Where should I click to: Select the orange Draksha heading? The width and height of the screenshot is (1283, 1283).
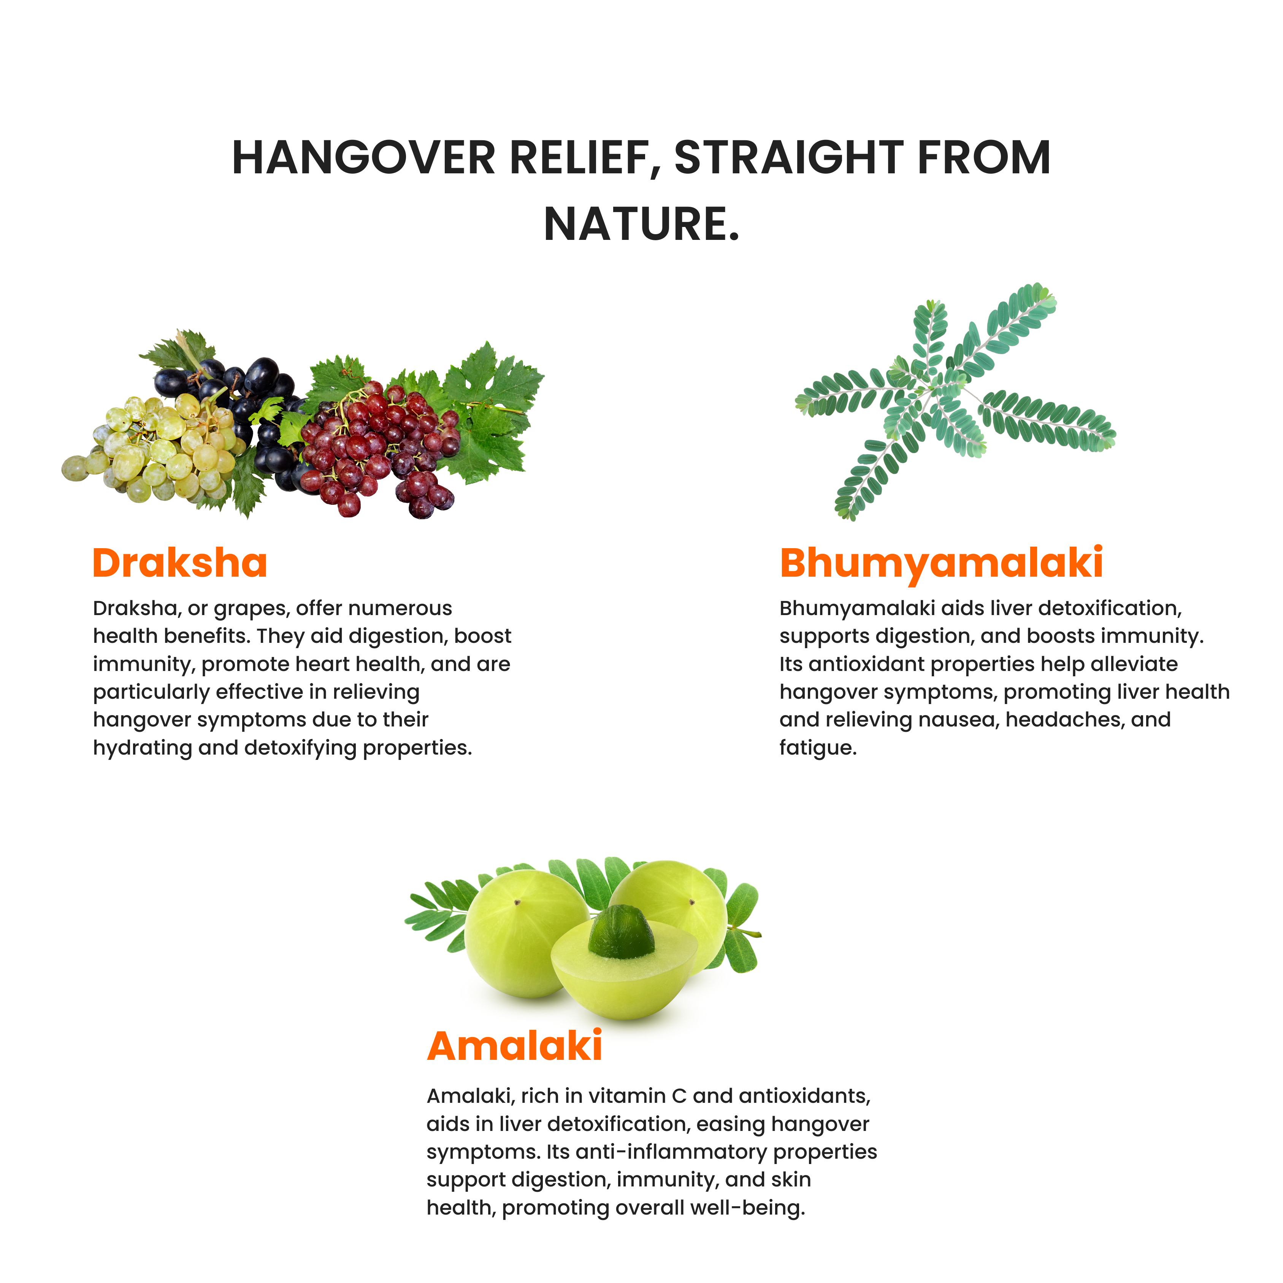pyautogui.click(x=179, y=563)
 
